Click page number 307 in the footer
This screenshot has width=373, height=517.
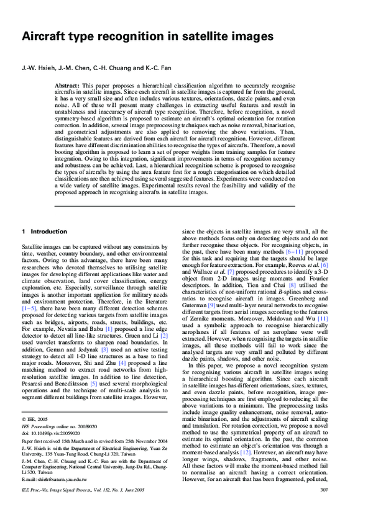(x=341, y=507)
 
